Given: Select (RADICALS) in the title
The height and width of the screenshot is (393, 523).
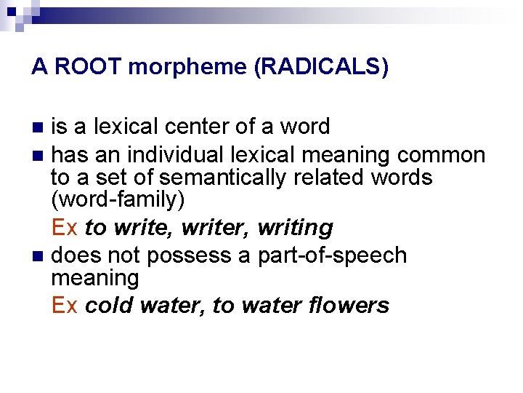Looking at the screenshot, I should point(320,68).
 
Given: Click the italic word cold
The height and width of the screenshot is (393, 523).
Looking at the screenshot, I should point(108,305).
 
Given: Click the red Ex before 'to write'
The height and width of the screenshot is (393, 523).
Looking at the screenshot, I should point(65,228).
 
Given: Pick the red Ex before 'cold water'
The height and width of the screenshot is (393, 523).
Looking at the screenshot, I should point(65,305).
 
